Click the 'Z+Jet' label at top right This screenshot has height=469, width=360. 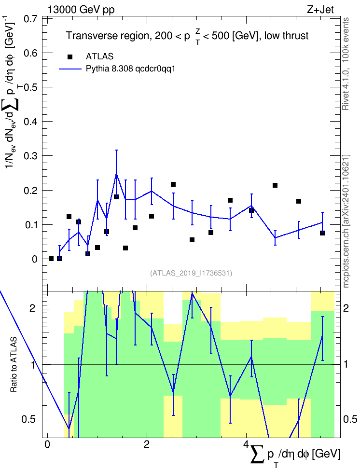point(320,10)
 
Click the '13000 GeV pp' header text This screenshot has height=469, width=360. point(81,10)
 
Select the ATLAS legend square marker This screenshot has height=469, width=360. point(69,56)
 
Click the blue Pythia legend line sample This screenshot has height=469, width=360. point(70,69)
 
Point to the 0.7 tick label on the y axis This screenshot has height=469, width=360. point(30,18)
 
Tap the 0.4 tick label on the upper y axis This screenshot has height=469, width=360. point(30,122)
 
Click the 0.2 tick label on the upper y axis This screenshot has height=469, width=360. point(30,190)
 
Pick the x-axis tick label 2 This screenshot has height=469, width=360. point(147,444)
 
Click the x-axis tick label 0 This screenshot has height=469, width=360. point(47,444)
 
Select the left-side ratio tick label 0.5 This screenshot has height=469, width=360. point(28,420)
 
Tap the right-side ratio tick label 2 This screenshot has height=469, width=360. point(346,308)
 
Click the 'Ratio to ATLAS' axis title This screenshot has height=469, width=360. point(14,364)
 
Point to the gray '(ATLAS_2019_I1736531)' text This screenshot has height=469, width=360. point(191,273)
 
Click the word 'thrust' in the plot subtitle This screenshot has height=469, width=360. point(294,36)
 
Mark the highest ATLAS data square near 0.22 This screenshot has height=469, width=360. point(173,184)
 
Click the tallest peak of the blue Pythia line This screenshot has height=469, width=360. point(116,174)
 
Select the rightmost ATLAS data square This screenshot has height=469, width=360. point(322,233)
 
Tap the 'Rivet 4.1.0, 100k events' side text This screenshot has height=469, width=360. point(346,64)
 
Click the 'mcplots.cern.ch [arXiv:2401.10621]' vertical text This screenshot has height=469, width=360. point(346,221)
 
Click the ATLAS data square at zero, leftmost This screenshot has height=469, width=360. point(51,259)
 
